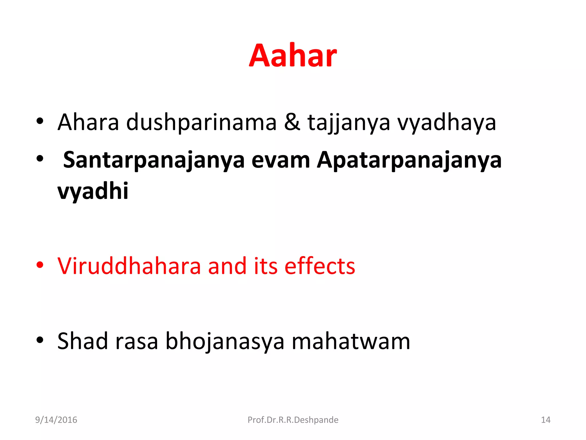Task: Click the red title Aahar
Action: pos(293,56)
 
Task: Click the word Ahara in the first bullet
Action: pos(88,122)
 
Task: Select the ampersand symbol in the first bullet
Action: pos(292,122)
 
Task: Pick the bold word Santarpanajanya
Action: pos(154,160)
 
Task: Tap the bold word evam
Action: pos(281,160)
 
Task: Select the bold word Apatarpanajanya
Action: pos(409,160)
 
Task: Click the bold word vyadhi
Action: pos(93,191)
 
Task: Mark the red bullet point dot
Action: pos(40,265)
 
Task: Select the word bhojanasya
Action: pos(225,341)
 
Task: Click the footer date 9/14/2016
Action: pos(56,420)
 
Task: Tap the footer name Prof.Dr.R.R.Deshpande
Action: pos(293,420)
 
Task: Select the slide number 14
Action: pos(545,420)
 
